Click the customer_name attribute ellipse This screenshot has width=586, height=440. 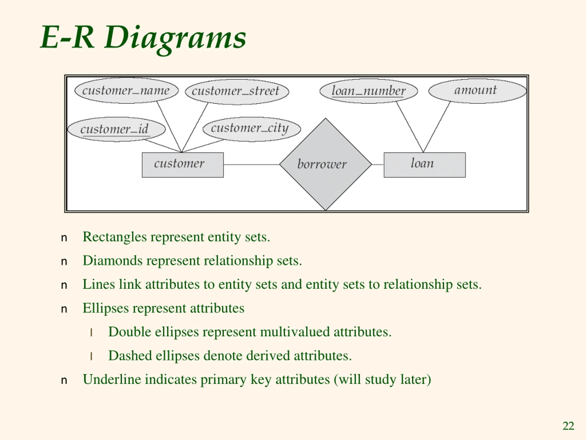coord(126,91)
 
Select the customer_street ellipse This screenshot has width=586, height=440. coord(237,92)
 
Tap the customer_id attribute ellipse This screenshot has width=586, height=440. coord(117,129)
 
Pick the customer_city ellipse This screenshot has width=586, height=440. coord(252,129)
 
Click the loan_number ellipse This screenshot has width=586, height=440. coord(369,91)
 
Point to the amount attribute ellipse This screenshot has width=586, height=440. coord(477,91)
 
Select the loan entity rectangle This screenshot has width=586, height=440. coord(425,165)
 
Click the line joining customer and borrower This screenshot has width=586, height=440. coord(251,165)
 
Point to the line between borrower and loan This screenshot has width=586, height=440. coord(378,165)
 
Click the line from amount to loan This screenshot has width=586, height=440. coord(437,127)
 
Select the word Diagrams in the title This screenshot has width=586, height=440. coord(175,38)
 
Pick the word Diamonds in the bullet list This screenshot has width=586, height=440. coord(113,260)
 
